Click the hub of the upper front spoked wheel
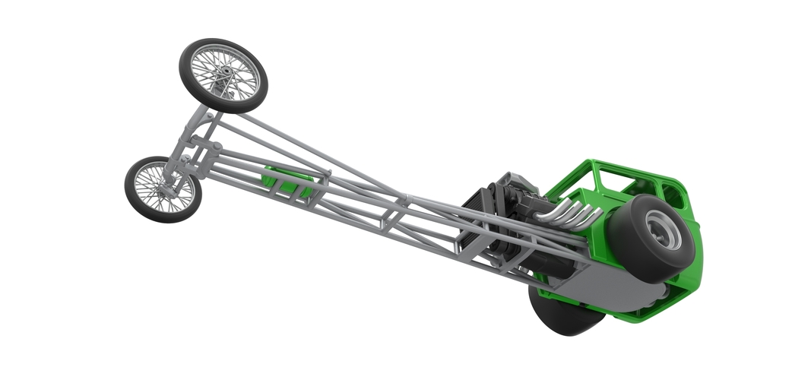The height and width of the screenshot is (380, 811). tap(224, 74)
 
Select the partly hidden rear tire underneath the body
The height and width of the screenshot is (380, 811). tap(562, 315)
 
